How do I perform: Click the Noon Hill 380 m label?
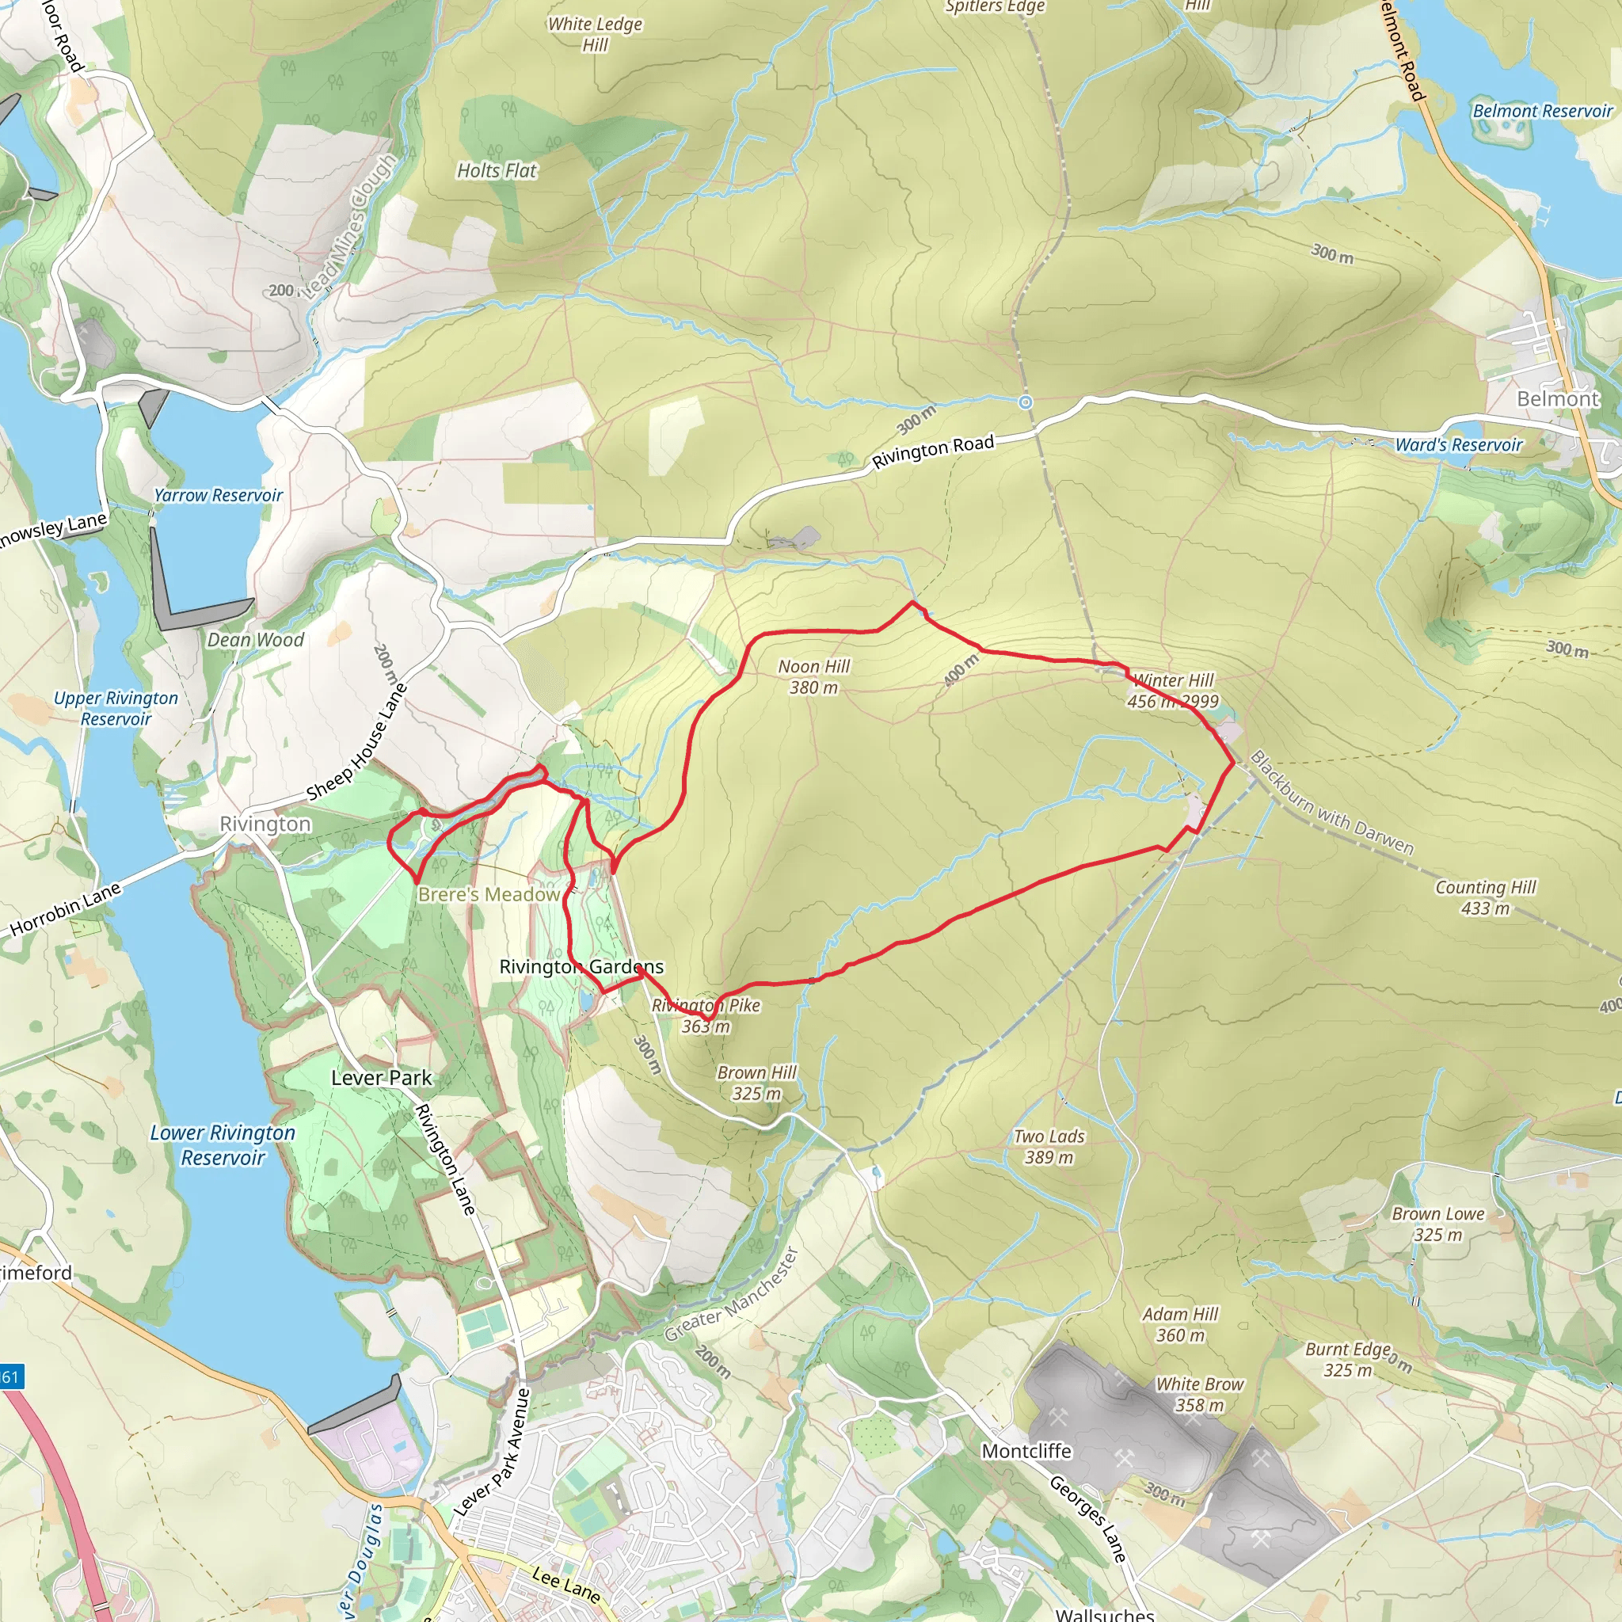813,676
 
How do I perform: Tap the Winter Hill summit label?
1173,690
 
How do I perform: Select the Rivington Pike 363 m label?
706,1015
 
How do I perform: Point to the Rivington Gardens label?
581,966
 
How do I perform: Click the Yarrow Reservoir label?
219,495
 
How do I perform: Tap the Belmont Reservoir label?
1542,111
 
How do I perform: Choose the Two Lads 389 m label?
1049,1146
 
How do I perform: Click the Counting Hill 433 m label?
1485,897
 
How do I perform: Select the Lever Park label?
381,1077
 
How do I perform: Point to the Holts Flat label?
496,170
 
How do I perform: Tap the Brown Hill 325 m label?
756,1082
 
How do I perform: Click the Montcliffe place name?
1026,1451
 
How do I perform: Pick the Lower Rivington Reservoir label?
223,1144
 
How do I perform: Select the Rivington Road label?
932,451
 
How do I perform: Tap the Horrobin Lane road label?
66,908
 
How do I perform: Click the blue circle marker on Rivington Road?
1025,403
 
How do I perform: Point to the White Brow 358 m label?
1199,1394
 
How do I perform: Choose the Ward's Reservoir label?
1458,445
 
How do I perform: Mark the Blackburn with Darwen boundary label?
1331,801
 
